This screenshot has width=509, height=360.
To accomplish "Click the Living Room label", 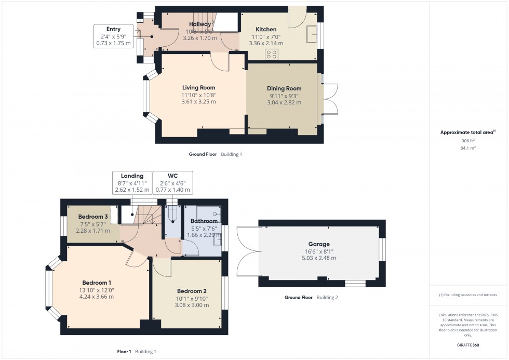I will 198,88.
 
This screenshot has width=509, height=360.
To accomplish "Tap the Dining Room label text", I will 284,88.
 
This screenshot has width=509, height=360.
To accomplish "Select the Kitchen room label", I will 265,29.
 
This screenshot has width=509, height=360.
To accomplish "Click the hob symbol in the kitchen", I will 272,54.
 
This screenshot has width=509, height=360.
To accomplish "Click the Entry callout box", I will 113,36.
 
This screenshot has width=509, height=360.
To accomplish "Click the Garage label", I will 319,244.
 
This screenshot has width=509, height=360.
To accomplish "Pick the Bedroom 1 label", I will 97,283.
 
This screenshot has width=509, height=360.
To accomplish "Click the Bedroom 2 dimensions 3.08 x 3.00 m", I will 192,305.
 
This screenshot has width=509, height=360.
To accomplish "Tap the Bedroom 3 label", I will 93,217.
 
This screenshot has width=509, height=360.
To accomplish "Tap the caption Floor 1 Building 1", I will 136,352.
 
